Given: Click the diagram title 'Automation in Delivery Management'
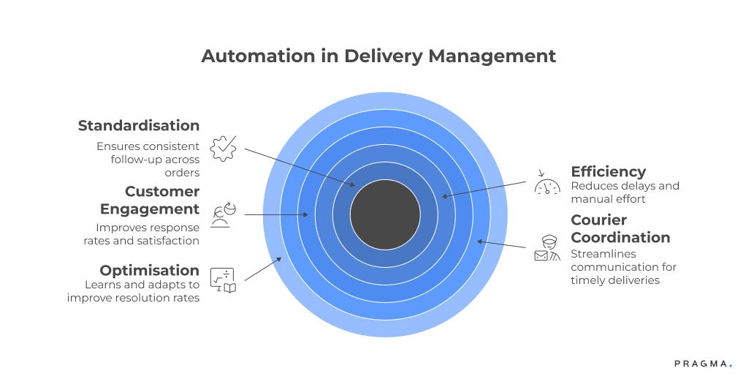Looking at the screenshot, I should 378,56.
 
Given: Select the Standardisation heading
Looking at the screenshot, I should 139,126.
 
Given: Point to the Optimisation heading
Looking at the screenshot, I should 150,270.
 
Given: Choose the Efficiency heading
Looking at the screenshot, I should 608,171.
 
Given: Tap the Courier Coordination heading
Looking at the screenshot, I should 620,228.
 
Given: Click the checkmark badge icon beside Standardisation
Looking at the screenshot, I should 223,148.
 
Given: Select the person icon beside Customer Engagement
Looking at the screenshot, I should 223,214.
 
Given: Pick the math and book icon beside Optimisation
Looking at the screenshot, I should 223,280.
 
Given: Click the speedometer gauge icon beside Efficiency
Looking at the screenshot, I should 547,184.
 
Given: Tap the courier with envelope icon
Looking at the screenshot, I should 547,249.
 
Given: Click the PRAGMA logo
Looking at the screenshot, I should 701,363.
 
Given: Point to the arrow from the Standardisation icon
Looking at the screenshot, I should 300,168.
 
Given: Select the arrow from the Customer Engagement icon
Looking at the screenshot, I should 276,214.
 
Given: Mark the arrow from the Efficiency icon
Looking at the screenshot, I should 486,190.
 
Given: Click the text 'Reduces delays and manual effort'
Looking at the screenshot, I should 625,192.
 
